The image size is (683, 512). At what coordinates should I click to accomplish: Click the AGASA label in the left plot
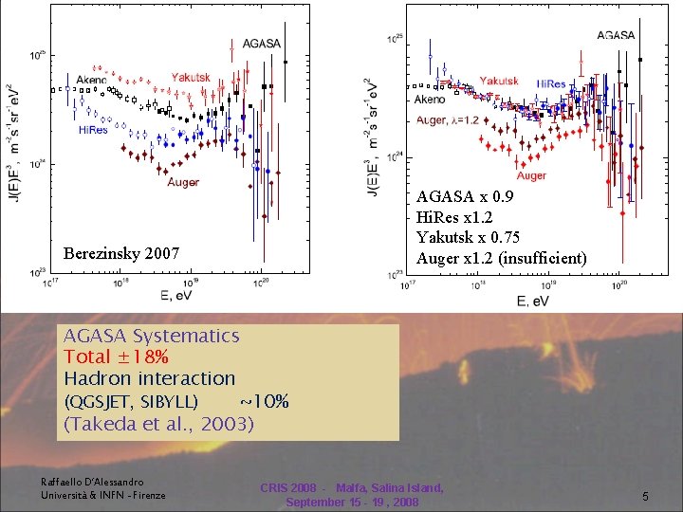click(261, 43)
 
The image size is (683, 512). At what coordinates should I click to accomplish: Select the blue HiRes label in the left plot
click(92, 130)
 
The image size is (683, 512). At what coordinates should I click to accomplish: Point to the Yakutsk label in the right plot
click(498, 81)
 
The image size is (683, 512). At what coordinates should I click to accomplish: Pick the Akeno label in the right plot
click(430, 99)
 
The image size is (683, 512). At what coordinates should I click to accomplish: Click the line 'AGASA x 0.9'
click(465, 197)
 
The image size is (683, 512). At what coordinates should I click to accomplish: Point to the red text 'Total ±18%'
click(117, 357)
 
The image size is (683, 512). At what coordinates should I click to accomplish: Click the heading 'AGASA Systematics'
click(151, 335)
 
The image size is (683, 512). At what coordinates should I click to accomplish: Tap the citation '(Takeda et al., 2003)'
click(158, 423)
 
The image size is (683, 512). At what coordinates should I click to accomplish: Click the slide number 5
click(644, 496)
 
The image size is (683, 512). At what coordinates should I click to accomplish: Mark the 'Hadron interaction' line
click(149, 378)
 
